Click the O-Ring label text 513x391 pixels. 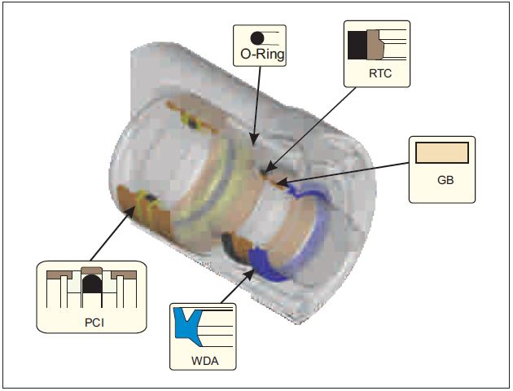[258, 56]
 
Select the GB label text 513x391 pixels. [441, 178]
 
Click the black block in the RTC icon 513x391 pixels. [357, 46]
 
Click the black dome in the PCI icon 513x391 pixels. [91, 285]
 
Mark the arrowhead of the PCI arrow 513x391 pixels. [135, 208]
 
